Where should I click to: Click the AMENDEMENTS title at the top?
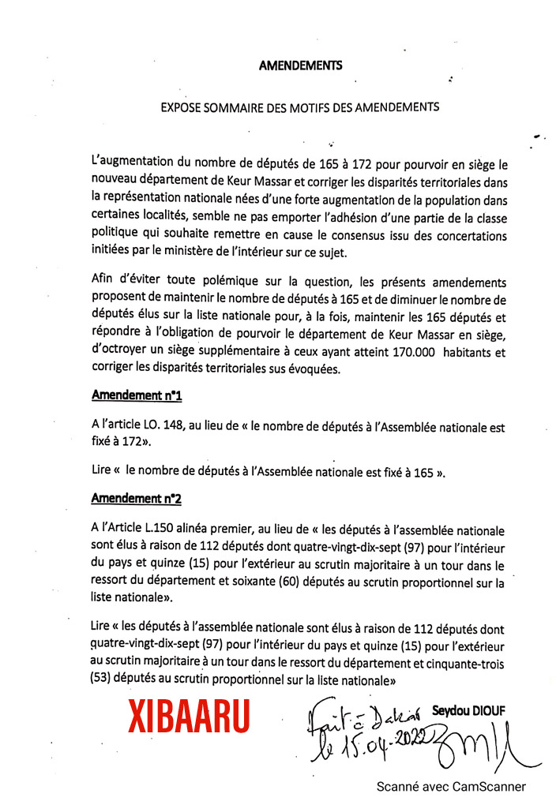300,66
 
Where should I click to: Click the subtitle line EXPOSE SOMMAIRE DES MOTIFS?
299,106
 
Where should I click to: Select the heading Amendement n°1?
137,394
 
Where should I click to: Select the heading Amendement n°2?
137,498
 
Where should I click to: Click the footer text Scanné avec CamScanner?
450,786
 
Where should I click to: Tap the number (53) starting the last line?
103,679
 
